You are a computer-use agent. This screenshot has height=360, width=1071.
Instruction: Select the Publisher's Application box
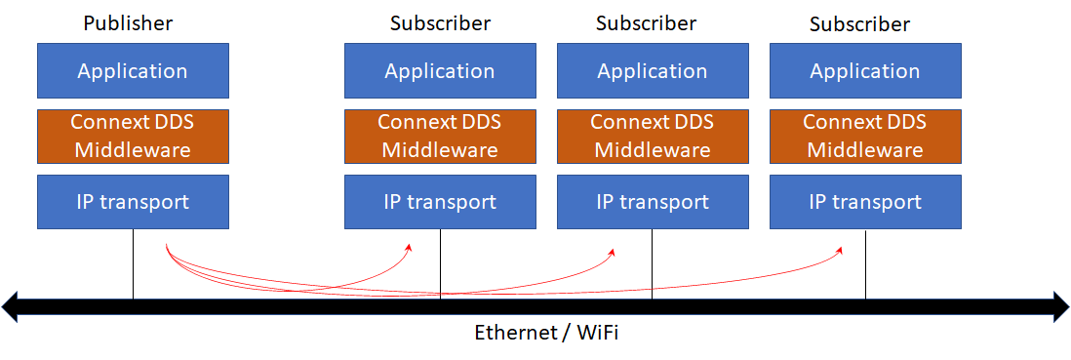point(133,70)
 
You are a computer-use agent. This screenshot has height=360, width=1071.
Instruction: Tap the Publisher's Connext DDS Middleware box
point(133,136)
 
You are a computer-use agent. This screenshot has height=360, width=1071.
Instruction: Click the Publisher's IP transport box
point(133,202)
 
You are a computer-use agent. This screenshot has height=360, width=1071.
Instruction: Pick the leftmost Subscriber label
point(440,22)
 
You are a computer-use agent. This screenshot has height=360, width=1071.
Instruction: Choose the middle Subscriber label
point(646,22)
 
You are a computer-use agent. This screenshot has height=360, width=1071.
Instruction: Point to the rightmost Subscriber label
point(859,23)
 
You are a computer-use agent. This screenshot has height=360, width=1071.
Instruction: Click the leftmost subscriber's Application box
point(440,70)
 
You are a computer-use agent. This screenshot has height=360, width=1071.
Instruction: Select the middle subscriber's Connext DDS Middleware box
point(653,136)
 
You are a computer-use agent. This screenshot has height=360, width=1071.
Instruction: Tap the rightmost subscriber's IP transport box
point(865,202)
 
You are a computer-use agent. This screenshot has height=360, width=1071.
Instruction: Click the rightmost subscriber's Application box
point(865,70)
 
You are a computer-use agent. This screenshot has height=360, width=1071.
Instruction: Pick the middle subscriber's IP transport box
point(653,202)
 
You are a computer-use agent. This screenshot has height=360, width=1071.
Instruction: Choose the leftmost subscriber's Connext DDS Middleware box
point(440,136)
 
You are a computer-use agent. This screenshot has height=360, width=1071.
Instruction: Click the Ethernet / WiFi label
point(546,333)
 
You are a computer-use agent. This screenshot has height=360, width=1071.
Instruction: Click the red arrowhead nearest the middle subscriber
point(612,252)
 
